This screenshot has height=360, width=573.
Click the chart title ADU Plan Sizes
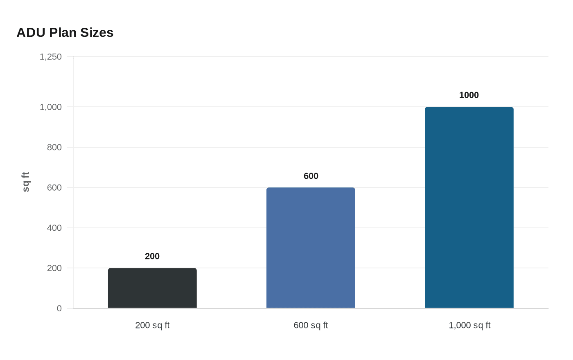65,33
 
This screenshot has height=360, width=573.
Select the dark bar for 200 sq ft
152,288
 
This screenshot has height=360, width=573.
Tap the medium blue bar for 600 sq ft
311,248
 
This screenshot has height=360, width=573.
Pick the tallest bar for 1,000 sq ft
469,207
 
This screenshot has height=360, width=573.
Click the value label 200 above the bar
152,256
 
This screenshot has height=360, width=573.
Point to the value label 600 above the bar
311,176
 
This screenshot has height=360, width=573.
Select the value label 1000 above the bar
469,95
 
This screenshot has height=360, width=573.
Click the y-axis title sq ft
25,182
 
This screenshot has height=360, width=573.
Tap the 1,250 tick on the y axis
51,57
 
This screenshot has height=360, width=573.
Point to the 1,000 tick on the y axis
51,107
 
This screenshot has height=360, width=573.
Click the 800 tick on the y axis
54,147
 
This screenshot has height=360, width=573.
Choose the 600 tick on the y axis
54,188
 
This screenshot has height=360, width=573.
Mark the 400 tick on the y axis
54,228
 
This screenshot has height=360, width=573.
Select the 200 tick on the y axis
54,268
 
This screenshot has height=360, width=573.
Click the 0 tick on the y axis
59,308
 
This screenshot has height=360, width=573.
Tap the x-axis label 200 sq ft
152,326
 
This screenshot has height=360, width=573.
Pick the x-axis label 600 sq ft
311,326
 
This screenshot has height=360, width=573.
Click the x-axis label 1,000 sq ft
469,326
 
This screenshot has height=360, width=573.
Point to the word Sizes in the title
97,33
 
